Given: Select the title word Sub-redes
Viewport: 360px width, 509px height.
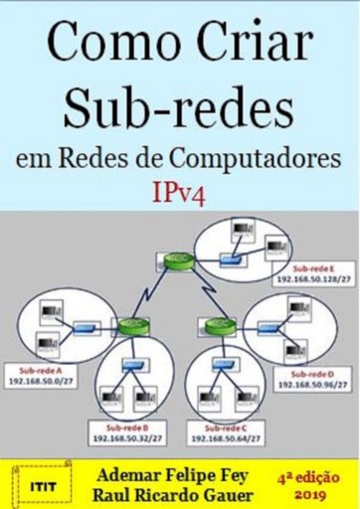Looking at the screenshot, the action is click(181, 106).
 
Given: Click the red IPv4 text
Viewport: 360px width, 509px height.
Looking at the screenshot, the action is click(181, 192).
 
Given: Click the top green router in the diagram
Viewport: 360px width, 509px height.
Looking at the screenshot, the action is click(176, 261).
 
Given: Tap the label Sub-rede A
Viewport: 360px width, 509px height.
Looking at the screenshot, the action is click(37, 370).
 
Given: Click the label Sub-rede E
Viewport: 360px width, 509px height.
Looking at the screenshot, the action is click(312, 268).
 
